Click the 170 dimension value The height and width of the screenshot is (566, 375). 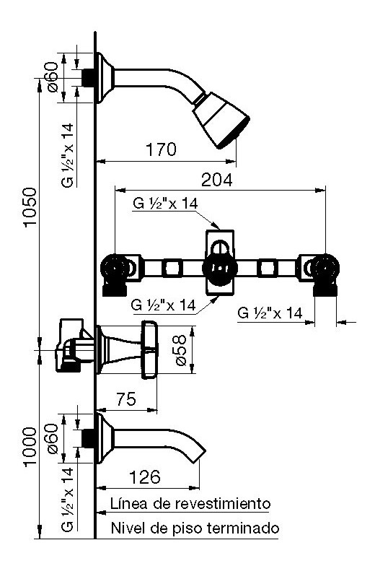pyautogui.click(x=161, y=149)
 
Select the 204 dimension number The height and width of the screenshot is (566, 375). pyautogui.click(x=216, y=180)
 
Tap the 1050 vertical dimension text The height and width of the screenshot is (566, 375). pyautogui.click(x=30, y=206)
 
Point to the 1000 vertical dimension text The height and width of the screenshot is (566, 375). pyautogui.click(x=30, y=447)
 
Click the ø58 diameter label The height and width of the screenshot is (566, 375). pyautogui.click(x=180, y=350)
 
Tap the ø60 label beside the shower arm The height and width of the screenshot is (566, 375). pyautogui.click(x=53, y=77)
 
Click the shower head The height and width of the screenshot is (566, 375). pyautogui.click(x=220, y=120)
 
